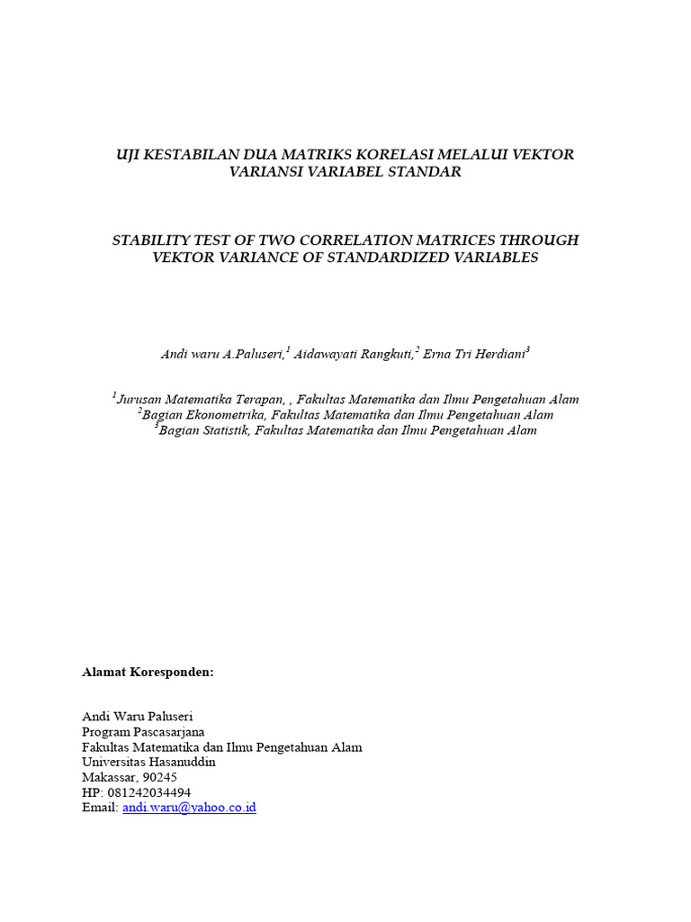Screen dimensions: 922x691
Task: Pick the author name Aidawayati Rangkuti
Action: [x=353, y=354]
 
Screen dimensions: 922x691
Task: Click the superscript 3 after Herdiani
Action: [x=528, y=349]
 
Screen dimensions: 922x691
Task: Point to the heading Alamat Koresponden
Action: [x=148, y=673]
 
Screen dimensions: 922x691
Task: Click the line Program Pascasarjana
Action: [x=143, y=732]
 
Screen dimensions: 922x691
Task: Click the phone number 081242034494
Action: [x=148, y=792]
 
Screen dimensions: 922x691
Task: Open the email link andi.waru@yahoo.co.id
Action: [x=189, y=808]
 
